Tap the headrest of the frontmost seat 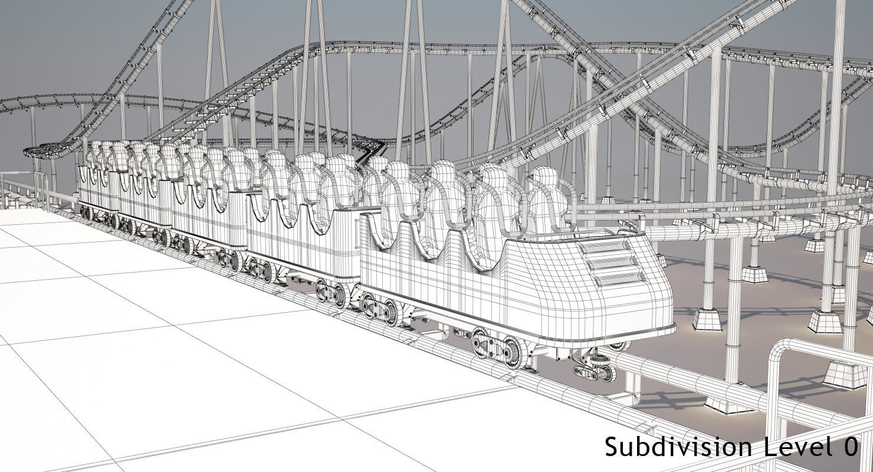click(544, 177)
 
